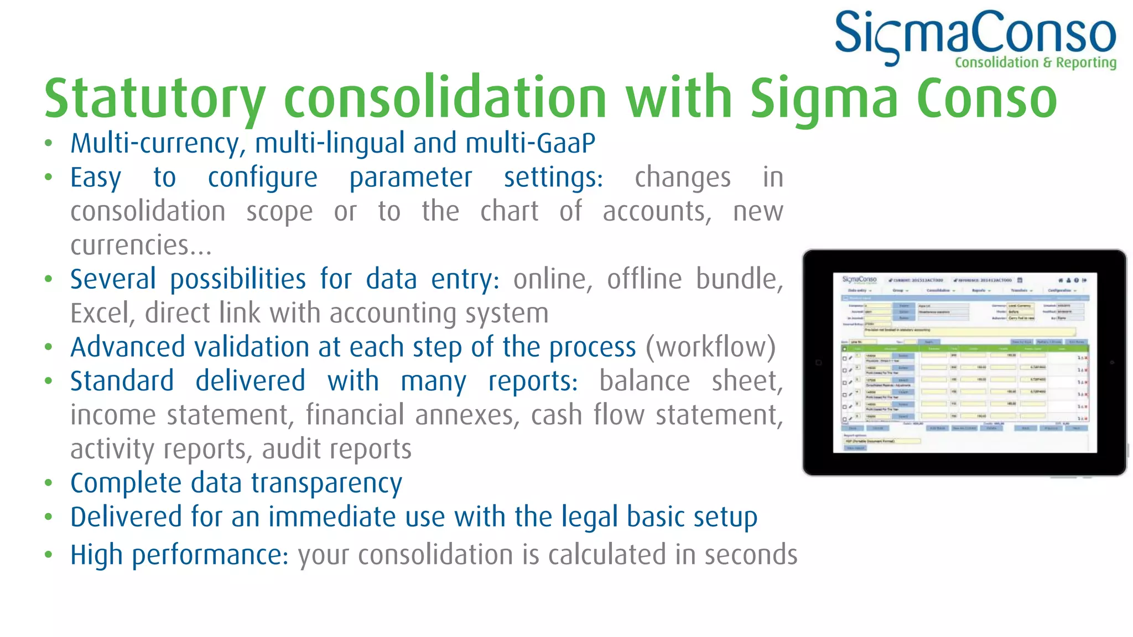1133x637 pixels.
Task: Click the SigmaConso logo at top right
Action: click(x=975, y=34)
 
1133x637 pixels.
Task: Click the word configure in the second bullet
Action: click(x=262, y=178)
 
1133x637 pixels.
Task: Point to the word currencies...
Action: click(x=131, y=246)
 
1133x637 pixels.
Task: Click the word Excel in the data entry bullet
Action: click(x=100, y=314)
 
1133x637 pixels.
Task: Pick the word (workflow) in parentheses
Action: click(x=710, y=347)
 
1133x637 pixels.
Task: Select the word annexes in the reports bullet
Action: click(x=464, y=415)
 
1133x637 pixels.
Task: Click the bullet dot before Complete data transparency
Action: click(x=49, y=483)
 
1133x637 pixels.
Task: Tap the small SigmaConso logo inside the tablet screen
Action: click(x=859, y=280)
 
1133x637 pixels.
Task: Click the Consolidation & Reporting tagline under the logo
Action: click(x=1035, y=62)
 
